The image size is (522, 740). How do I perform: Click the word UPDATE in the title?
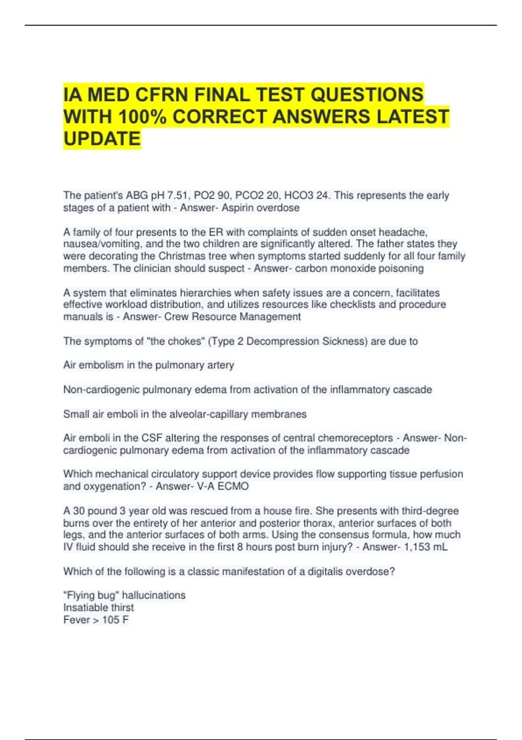102,139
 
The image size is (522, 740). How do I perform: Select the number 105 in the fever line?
110,620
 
